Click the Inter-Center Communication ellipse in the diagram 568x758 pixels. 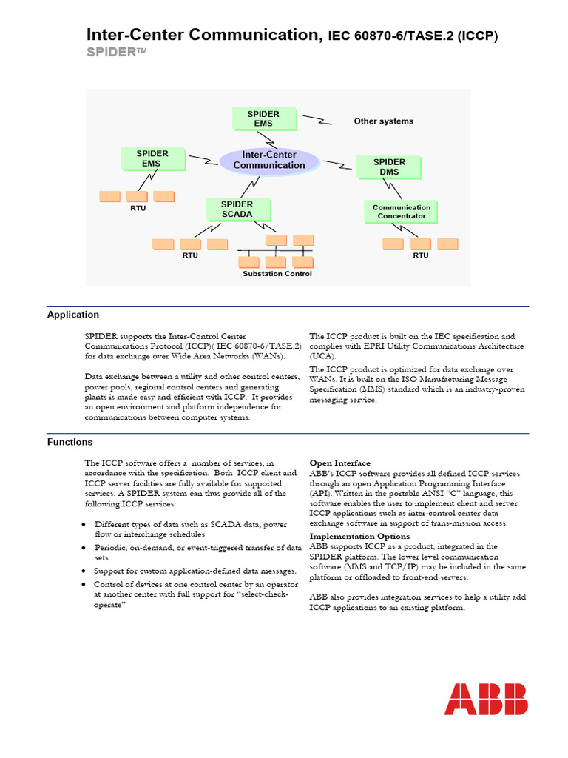point(269,160)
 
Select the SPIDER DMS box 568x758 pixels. point(389,167)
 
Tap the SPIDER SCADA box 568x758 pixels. point(237,209)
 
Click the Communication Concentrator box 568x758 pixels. point(401,212)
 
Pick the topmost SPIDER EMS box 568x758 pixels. point(263,118)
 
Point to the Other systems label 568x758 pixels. point(383,121)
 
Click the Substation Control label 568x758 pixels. point(277,274)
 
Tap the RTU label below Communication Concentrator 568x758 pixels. point(420,255)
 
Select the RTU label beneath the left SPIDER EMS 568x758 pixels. point(138,209)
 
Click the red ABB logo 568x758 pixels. point(486,699)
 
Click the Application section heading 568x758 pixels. point(73,315)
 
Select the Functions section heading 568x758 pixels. point(70,442)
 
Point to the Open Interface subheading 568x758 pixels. point(339,463)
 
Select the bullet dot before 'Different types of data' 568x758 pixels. point(87,525)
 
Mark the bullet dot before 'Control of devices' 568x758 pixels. point(87,585)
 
